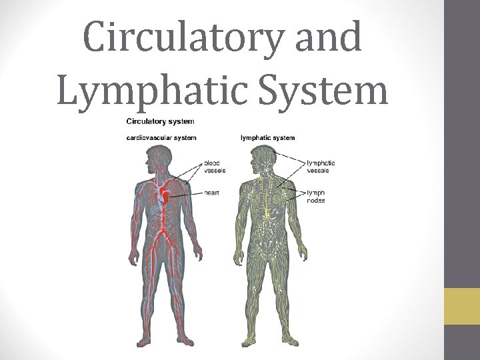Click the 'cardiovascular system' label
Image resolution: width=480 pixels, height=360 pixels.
click(161, 138)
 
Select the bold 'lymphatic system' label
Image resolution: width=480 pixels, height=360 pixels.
click(267, 138)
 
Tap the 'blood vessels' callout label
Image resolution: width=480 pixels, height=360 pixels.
click(215, 167)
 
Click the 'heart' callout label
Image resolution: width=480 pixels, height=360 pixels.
click(212, 193)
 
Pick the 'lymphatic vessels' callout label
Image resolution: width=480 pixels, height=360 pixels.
click(321, 167)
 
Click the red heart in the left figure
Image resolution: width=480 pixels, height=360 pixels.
click(164, 195)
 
